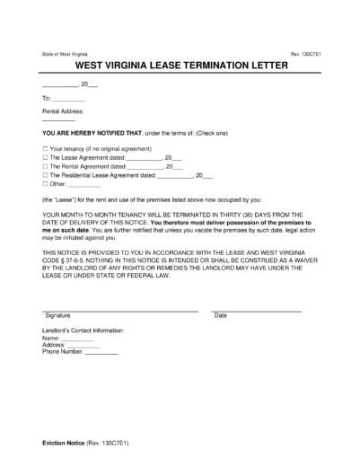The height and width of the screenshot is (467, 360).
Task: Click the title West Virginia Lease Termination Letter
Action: (x=180, y=66)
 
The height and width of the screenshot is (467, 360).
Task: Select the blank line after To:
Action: (x=69, y=99)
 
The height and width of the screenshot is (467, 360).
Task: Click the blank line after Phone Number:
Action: (x=101, y=351)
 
